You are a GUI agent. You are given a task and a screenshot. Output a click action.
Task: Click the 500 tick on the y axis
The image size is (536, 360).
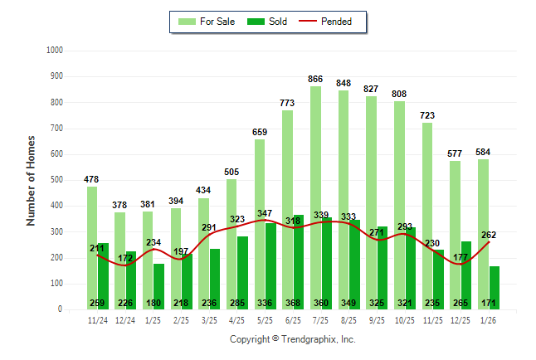pos(56,180)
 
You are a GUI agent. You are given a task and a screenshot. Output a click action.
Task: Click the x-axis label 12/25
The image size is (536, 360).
pos(460,319)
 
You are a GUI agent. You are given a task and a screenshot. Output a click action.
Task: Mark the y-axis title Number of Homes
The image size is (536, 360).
pos(32,180)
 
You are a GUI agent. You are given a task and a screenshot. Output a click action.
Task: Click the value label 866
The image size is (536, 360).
pos(315,79)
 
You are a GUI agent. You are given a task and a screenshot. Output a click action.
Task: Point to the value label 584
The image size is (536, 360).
pos(484,152)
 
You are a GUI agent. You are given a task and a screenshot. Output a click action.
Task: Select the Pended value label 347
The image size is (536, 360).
pos(266,214)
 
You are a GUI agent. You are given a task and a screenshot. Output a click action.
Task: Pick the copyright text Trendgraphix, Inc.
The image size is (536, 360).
pos(292,340)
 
